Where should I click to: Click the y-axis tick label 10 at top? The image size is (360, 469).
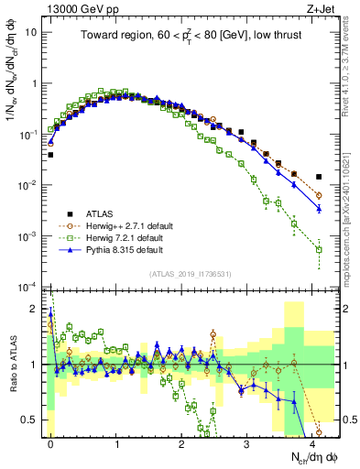[30, 32]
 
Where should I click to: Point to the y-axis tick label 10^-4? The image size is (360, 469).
[27, 288]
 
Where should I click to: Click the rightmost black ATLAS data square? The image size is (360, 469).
[319, 177]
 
